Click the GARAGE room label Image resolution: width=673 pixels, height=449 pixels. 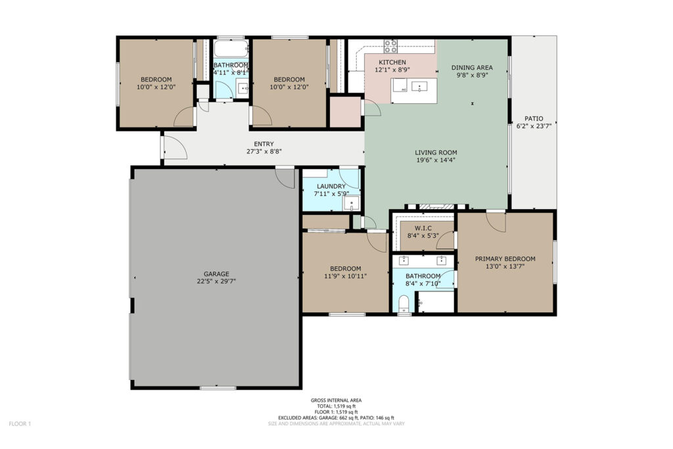(216, 274)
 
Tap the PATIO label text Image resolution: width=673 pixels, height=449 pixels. (534, 118)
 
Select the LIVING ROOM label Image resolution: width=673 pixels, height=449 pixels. (436, 153)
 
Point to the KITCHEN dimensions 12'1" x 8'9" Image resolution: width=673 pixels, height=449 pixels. (392, 70)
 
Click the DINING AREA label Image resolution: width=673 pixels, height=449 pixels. (472, 68)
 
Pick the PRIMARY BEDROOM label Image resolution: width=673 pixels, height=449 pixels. (505, 259)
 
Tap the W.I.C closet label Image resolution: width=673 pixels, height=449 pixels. (423, 228)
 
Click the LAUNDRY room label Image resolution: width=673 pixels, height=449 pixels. (331, 186)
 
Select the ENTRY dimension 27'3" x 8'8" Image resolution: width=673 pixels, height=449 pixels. (264, 151)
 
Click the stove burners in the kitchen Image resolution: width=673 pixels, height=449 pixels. (390, 46)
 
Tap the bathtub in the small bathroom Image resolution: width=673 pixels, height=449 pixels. (231, 49)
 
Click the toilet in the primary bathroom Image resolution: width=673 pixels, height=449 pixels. (404, 304)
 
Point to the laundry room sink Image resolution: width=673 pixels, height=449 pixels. (351, 203)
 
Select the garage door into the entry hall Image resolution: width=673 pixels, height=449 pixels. (285, 178)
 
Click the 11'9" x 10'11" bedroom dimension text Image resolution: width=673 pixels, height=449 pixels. (345, 277)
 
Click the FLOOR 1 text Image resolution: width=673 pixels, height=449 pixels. (20, 424)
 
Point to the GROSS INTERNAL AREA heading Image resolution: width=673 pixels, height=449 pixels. (336, 400)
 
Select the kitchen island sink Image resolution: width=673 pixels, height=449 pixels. (419, 87)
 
